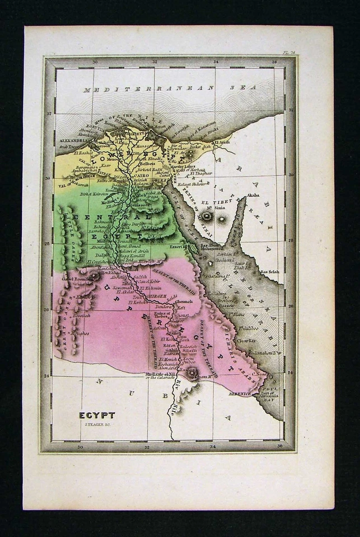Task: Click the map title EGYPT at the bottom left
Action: pos(97,415)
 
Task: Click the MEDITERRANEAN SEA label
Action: pos(169,88)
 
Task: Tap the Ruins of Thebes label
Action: pos(161,315)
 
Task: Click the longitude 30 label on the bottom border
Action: pos(80,446)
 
